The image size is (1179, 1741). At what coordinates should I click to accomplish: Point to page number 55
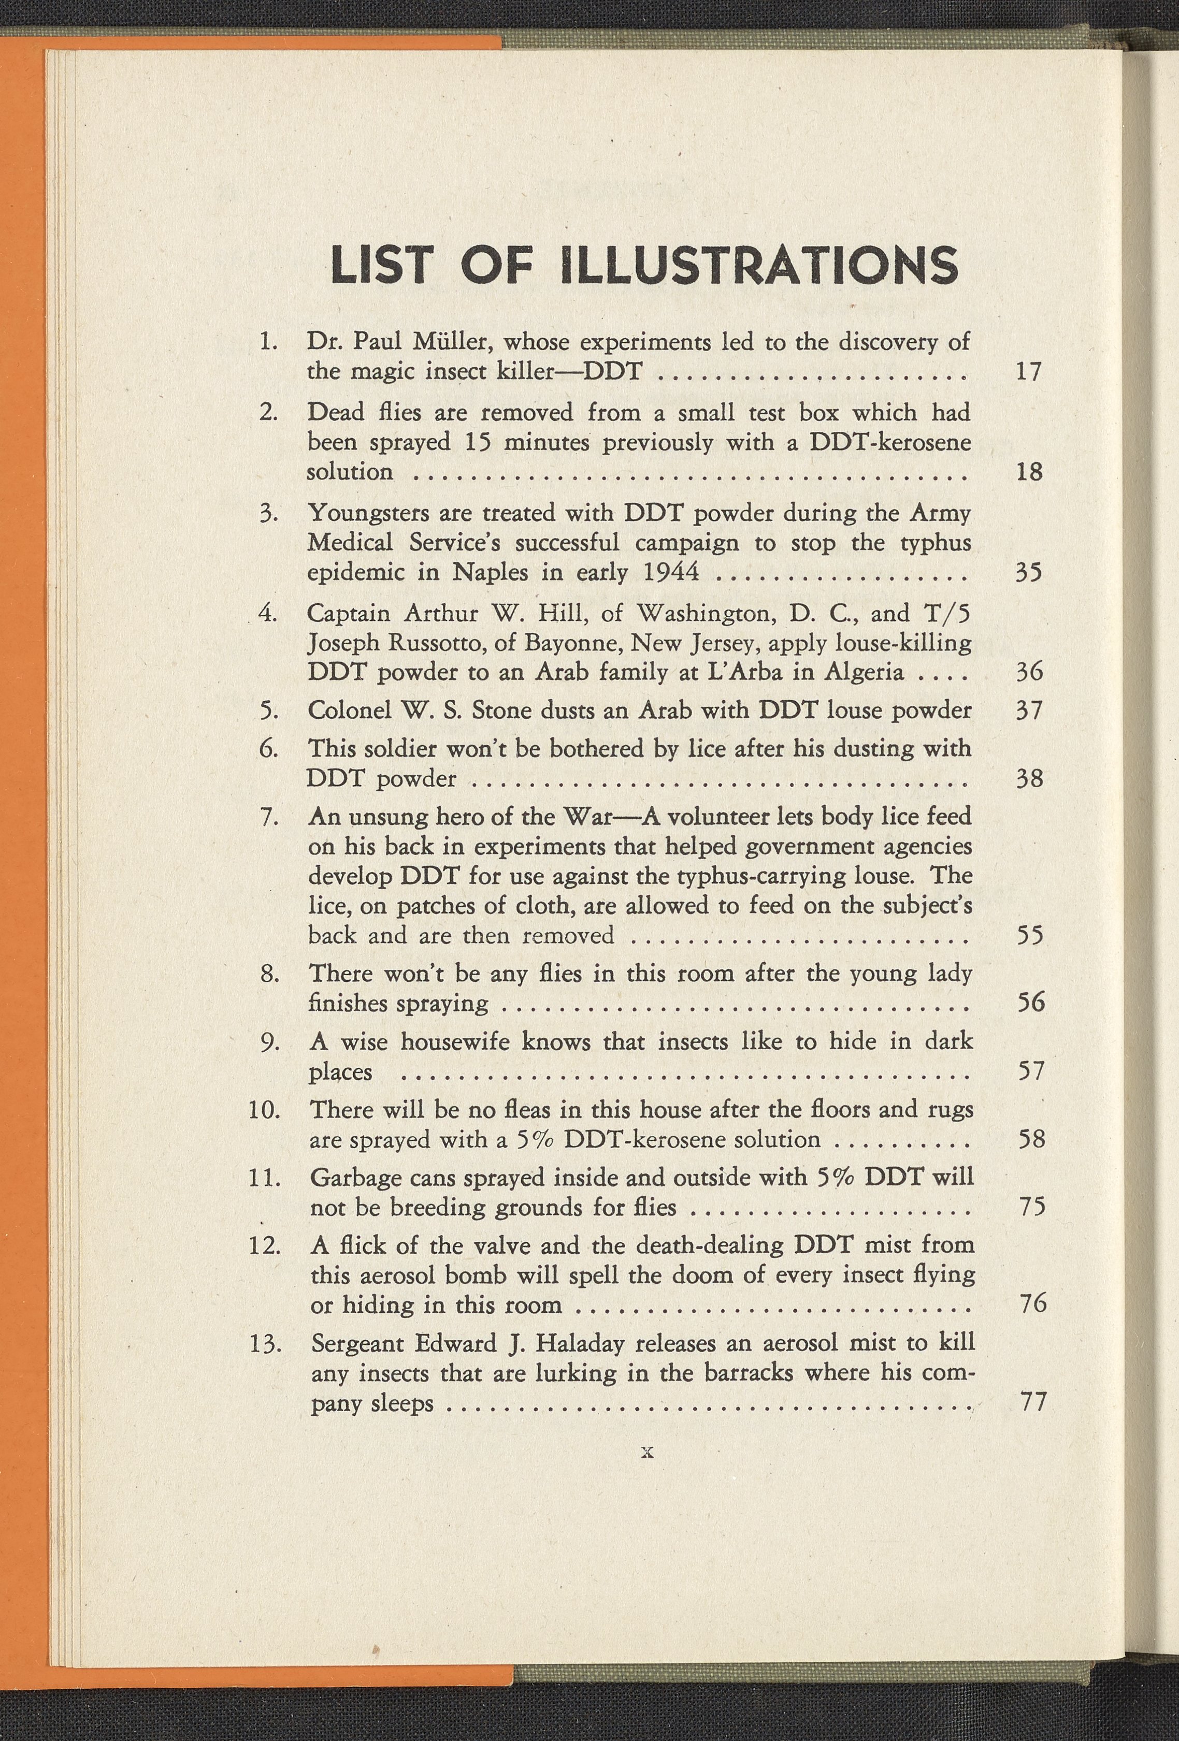tap(1029, 936)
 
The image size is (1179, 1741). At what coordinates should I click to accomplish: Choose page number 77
tap(1032, 1401)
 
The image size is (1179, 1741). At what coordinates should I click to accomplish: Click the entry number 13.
tap(265, 1342)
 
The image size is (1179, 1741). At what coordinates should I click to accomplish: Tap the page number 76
tap(1032, 1304)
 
